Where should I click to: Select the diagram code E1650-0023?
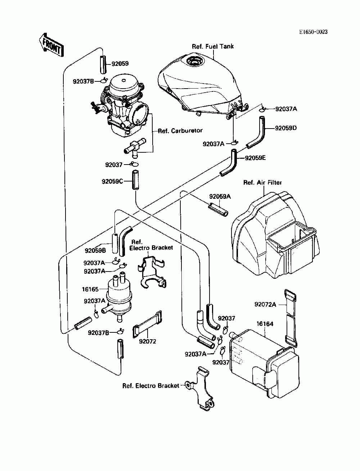coord(313,32)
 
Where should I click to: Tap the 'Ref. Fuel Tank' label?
coord(212,46)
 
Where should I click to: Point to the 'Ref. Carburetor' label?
coord(180,131)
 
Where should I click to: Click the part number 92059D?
coord(285,128)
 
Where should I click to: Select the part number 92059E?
coord(255,158)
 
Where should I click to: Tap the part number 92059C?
coord(112,181)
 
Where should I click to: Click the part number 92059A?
coord(220,196)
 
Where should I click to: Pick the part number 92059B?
coord(95,250)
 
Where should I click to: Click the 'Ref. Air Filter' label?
coord(262,183)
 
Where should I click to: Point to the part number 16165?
coord(90,289)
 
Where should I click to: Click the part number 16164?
coord(265,324)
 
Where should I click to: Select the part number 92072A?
coord(265,304)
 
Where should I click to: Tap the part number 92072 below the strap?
coord(147,341)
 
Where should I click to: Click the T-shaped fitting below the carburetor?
coord(135,147)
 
